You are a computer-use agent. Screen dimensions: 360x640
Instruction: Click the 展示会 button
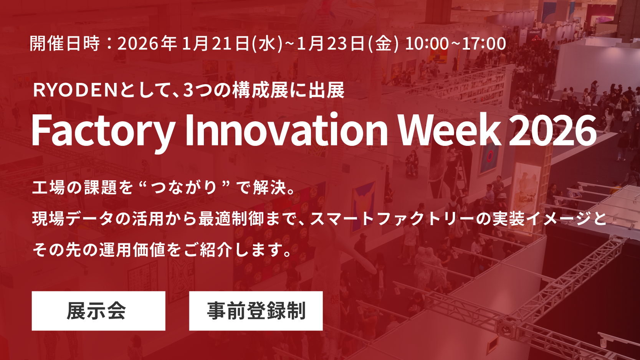pos(98,311)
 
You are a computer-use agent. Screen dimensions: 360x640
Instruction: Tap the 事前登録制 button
pos(256,311)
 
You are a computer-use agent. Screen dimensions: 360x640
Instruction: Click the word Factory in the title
pos(103,130)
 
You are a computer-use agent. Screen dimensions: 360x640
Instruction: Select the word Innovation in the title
pos(286,130)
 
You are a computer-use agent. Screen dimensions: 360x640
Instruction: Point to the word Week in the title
pos(449,130)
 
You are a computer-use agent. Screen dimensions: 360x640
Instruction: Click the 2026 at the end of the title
pos(553,130)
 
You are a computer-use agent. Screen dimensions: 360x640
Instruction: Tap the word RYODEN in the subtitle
pos(75,91)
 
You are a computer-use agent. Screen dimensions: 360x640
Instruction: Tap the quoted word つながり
pos(184,188)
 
